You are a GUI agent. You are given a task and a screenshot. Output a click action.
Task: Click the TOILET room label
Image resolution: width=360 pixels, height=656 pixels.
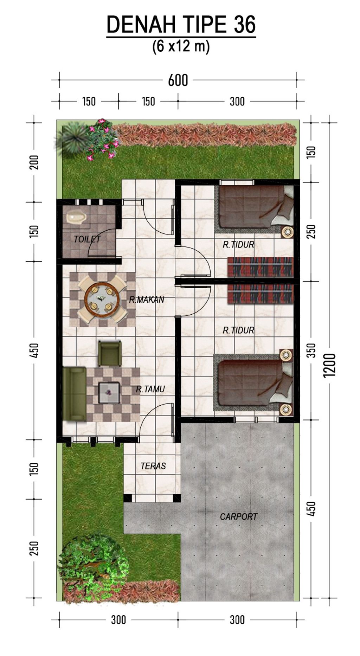[x=87, y=239]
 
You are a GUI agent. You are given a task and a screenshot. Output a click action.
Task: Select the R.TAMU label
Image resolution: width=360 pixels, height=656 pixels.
[x=150, y=389]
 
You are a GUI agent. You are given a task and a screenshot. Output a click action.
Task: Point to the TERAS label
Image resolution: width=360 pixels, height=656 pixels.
[x=153, y=466]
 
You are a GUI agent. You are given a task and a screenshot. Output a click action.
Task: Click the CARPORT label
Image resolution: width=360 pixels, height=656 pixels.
[x=239, y=517]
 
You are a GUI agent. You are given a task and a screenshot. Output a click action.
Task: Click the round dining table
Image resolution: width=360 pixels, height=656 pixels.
[x=102, y=299]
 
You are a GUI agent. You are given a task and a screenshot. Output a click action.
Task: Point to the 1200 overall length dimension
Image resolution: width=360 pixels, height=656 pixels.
[x=331, y=365]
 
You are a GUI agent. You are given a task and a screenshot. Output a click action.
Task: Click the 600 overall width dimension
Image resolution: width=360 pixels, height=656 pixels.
[x=178, y=81]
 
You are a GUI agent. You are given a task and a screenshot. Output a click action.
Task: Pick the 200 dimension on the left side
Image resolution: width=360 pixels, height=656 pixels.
[x=34, y=162]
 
